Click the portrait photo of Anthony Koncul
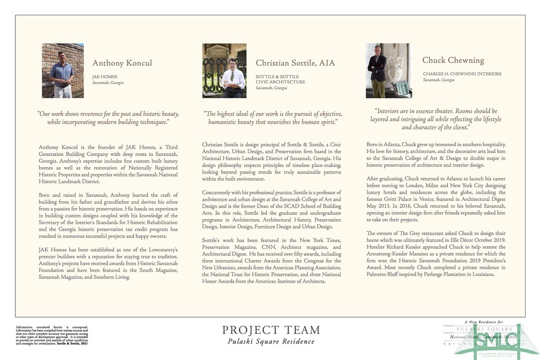[x=63, y=70]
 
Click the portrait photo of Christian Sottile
[x=224, y=70]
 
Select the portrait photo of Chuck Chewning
[x=388, y=70]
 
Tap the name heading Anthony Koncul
[x=122, y=63]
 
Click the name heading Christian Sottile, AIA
[x=295, y=63]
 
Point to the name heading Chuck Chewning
[x=453, y=60]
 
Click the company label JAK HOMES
[x=104, y=77]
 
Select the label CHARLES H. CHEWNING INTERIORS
[x=462, y=74]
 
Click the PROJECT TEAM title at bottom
[x=271, y=330]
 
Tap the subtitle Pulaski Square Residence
[x=271, y=342]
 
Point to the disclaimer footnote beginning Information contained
[x=52, y=336]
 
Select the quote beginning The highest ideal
[x=272, y=118]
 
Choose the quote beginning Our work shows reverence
[x=108, y=118]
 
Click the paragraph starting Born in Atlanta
[x=436, y=155]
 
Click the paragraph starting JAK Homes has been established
[x=108, y=263]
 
